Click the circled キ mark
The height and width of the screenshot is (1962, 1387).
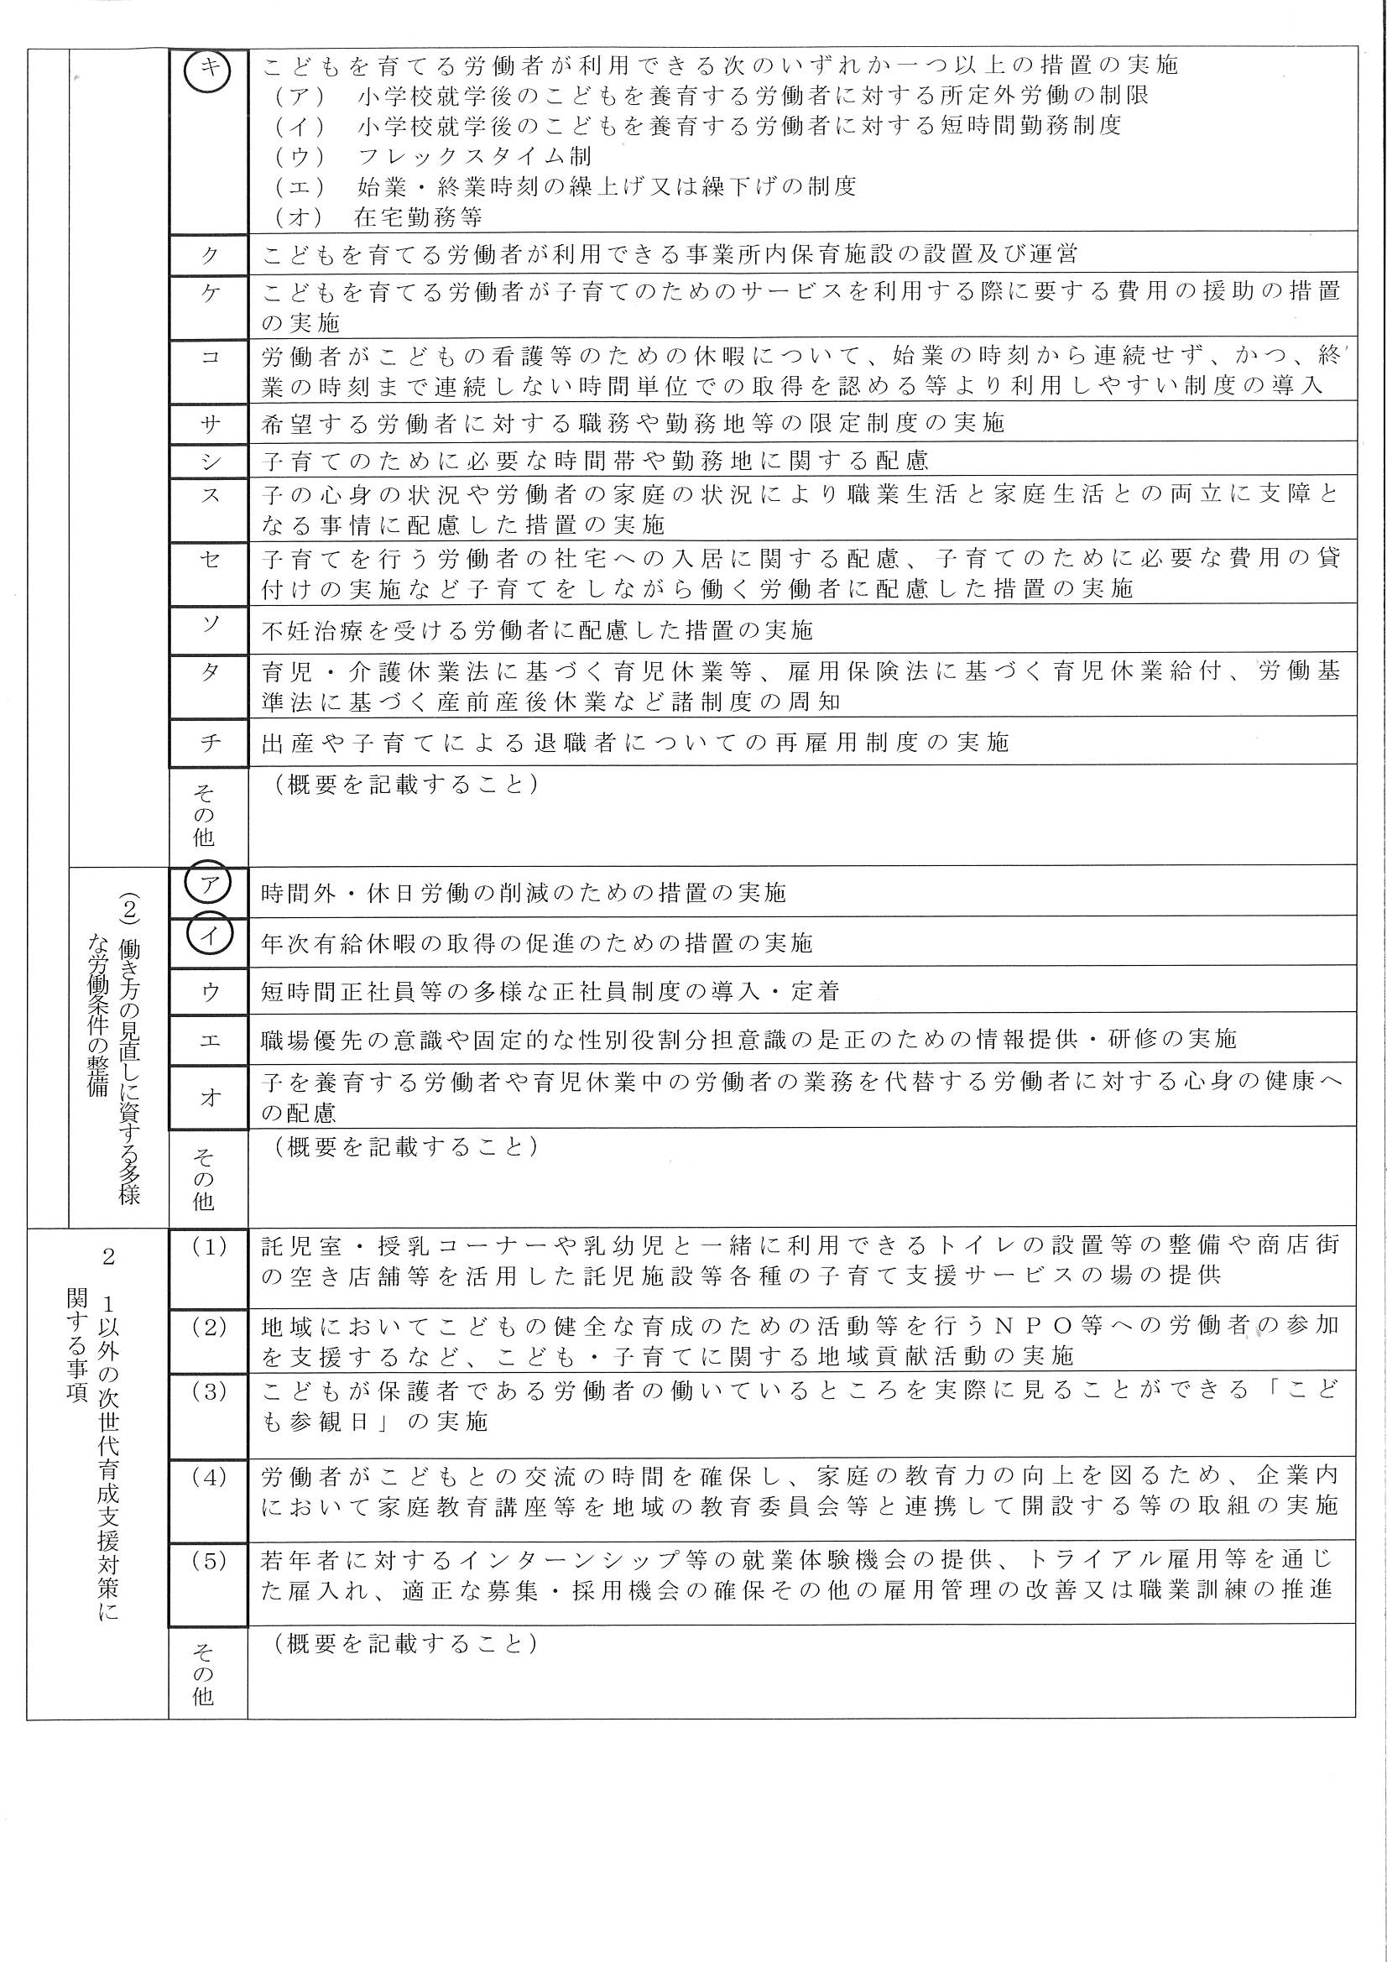[207, 68]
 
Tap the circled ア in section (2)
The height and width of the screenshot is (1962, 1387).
[207, 886]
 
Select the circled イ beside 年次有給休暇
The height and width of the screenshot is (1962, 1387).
[207, 935]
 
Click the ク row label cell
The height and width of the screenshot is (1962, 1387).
[210, 253]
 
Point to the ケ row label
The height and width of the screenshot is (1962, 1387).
[210, 293]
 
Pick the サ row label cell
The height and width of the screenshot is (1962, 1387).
[210, 423]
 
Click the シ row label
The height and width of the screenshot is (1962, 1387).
[210, 462]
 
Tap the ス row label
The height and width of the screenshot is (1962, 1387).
[210, 496]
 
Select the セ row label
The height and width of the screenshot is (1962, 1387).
[210, 559]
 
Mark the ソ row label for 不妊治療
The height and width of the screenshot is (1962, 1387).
[210, 624]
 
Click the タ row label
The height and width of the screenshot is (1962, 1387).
[210, 671]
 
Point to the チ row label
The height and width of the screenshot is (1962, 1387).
[210, 742]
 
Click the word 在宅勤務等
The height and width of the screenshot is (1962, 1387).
[419, 217]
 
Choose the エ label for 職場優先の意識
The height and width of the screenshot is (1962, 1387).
[210, 1039]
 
